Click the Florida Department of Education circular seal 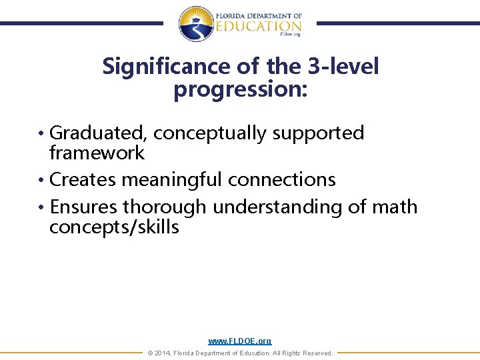(196, 23)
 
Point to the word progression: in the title (241, 88)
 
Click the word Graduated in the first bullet (99, 133)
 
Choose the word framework (97, 153)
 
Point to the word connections (282, 179)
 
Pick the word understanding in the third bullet (278, 207)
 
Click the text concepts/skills (114, 227)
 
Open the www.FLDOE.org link (240, 341)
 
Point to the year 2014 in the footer (162, 353)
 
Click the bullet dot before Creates (43, 180)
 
